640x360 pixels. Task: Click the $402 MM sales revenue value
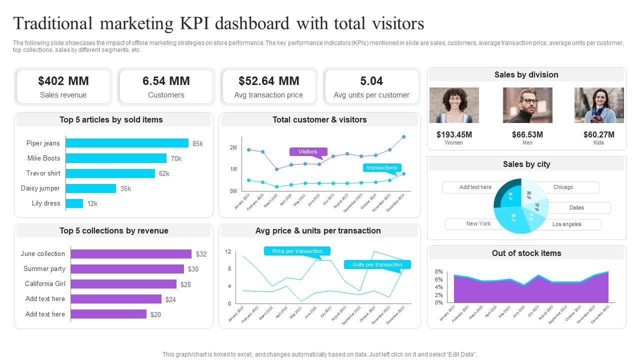tap(63, 81)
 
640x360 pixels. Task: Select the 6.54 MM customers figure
tap(166, 81)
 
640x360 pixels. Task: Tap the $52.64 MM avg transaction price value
tap(269, 81)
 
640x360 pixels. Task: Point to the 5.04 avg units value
tap(371, 81)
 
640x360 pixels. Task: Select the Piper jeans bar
tap(127, 143)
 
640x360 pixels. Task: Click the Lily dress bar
tap(74, 203)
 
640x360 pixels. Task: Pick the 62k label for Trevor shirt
tap(164, 174)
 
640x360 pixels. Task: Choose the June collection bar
tap(131, 254)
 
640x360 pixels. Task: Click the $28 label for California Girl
tap(185, 284)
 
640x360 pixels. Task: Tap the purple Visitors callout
tap(308, 151)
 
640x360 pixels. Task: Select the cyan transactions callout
tap(382, 168)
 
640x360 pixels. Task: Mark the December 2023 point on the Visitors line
tap(404, 136)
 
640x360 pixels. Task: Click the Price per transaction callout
tap(297, 251)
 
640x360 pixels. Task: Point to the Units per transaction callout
tap(377, 264)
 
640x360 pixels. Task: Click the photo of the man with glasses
tap(527, 105)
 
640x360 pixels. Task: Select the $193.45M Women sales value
tap(454, 134)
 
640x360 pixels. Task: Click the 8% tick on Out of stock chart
tap(439, 271)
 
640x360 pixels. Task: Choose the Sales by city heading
tap(526, 164)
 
